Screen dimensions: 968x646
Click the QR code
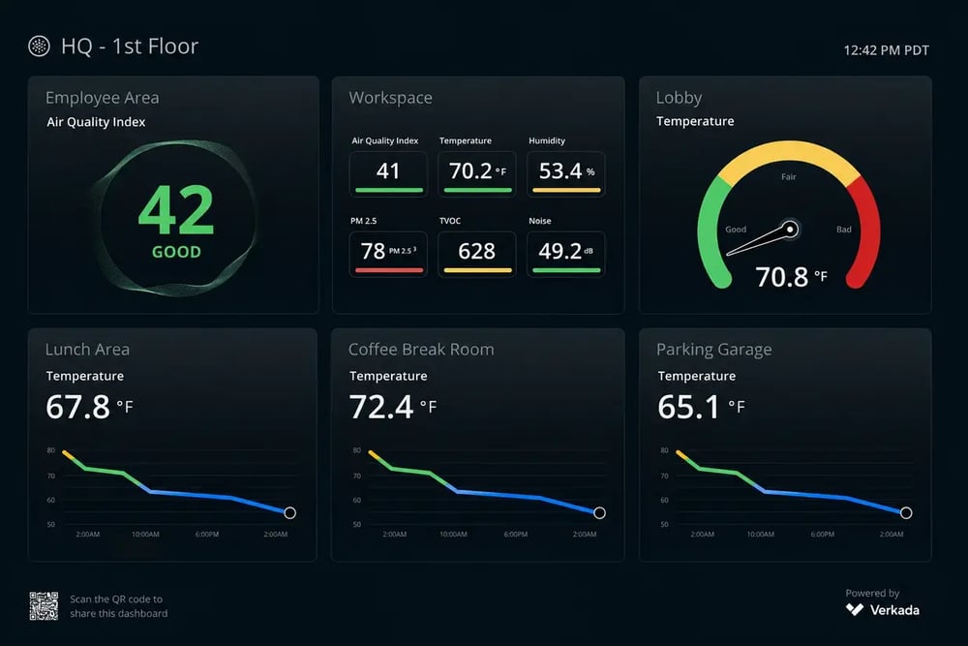[44, 606]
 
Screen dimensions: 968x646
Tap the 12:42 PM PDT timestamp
[886, 50]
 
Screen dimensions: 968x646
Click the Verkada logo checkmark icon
[855, 609]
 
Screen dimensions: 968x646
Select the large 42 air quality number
[176, 210]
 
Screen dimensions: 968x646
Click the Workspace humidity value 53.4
[560, 170]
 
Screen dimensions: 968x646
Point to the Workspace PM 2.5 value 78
[373, 251]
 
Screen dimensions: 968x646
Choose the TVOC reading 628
[476, 251]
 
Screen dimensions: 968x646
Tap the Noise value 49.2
[560, 251]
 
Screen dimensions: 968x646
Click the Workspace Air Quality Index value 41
[388, 170]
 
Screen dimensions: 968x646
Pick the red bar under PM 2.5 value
[389, 270]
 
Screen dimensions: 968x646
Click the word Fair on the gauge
[788, 176]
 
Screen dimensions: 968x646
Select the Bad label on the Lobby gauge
[844, 230]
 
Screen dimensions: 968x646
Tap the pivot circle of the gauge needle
[790, 230]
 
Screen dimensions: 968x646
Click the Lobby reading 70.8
[781, 277]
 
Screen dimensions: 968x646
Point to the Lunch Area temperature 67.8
[77, 407]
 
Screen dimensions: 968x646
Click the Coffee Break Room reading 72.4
[380, 407]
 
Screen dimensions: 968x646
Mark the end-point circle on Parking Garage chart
[906, 512]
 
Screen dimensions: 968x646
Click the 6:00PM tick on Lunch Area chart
[207, 535]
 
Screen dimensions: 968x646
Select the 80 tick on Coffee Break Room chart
[357, 450]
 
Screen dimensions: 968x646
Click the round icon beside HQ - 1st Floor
[39, 46]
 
